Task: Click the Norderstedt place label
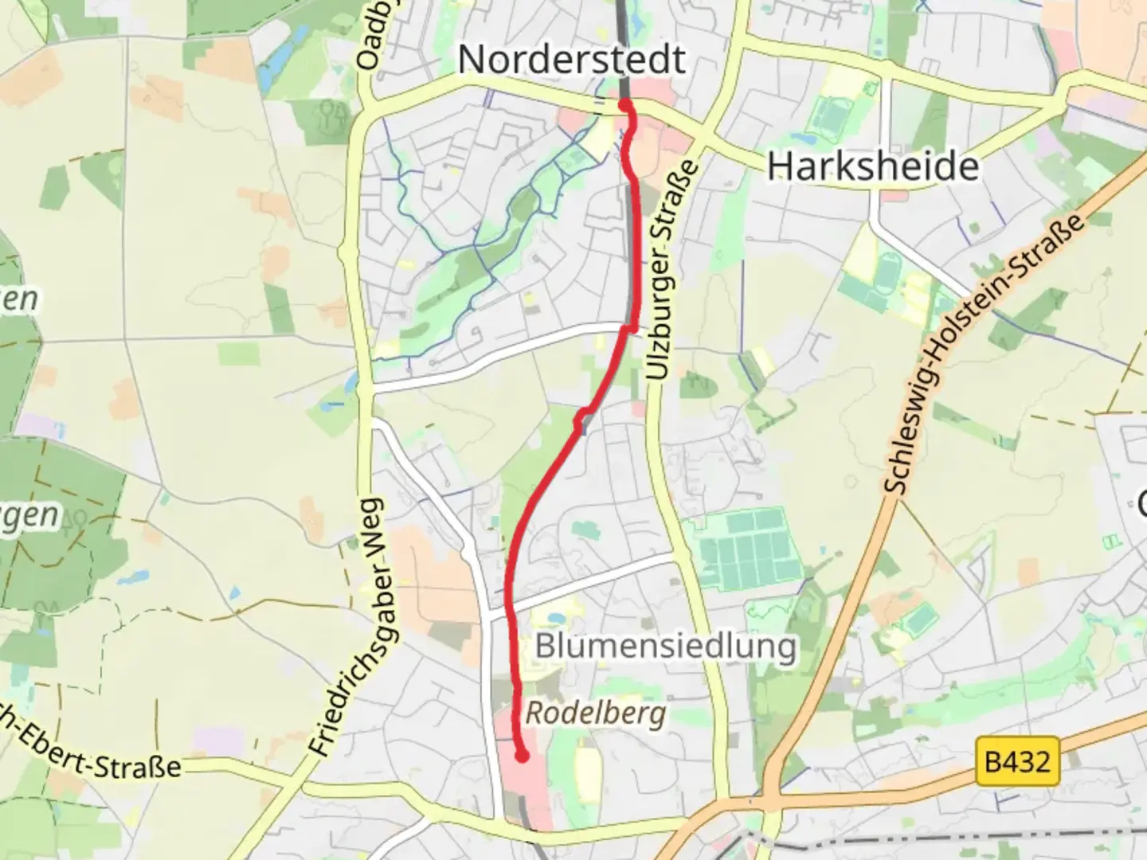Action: click(571, 60)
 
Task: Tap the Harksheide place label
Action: click(873, 166)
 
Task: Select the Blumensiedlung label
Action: click(666, 646)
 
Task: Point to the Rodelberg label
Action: click(596, 713)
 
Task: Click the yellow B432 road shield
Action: click(1017, 762)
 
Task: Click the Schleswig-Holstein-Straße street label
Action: click(984, 354)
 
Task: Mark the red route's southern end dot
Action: click(522, 756)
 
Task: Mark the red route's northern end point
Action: click(625, 104)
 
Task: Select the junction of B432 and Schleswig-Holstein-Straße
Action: click(771, 796)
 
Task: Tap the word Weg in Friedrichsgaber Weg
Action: click(373, 534)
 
